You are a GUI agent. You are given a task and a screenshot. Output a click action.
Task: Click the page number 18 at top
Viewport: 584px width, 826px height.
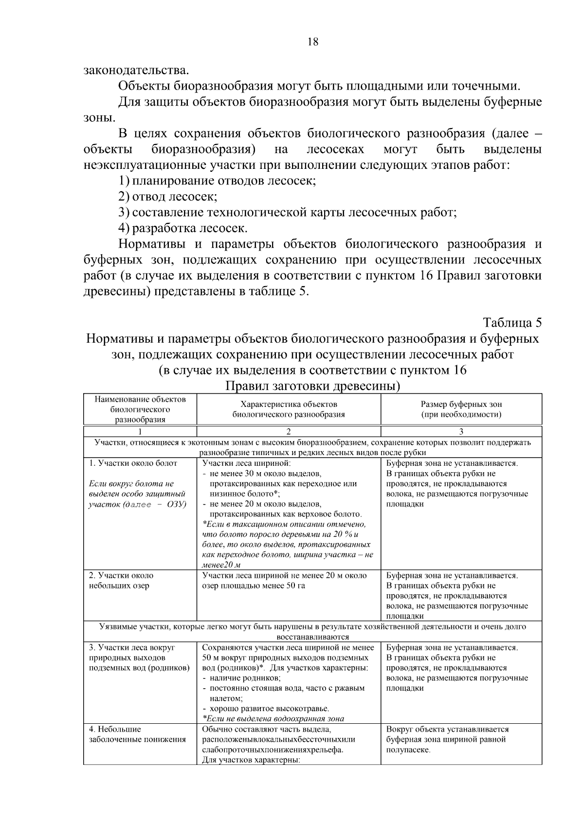[313, 42]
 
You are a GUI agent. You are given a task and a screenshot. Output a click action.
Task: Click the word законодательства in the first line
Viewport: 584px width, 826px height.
[136, 70]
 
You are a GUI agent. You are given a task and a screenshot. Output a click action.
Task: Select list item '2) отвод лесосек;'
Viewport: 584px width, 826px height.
[168, 197]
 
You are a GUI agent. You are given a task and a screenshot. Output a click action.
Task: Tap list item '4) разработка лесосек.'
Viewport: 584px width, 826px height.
[183, 228]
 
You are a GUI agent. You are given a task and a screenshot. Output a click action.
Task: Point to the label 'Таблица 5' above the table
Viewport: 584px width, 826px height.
[512, 323]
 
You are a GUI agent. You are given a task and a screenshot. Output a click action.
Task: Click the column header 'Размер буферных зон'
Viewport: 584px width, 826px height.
[461, 404]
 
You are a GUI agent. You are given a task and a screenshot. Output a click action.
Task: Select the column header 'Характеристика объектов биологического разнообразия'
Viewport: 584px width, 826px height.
[289, 409]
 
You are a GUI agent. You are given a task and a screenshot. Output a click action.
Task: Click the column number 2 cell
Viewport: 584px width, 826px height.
[289, 431]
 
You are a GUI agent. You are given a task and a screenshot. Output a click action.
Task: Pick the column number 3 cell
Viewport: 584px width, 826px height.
[461, 431]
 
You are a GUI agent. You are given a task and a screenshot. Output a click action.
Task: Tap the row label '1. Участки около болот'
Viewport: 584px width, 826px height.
[133, 463]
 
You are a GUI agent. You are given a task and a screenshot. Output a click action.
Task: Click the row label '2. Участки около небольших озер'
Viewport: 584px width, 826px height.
[121, 580]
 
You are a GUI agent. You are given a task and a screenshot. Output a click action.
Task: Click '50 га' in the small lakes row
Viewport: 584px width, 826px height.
[295, 586]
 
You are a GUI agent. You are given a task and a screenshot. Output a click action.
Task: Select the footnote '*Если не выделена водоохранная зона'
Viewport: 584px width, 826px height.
[273, 718]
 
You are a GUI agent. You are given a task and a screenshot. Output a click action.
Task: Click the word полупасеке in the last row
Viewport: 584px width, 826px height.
[408, 750]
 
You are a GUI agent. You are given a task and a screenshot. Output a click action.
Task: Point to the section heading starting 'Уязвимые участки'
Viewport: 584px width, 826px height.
[312, 627]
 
